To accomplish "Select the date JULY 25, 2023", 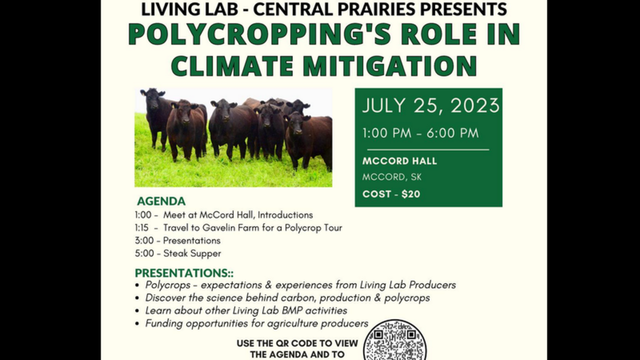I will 430,106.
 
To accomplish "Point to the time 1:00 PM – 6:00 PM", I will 421,133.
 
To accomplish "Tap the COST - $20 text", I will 391,194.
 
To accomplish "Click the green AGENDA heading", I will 161,202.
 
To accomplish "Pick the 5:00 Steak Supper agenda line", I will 178,253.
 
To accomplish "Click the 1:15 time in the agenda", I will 142,228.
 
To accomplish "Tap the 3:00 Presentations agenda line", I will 178,241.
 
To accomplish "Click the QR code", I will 395,341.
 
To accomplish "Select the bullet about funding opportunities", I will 257,323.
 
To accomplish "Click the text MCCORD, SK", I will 391,177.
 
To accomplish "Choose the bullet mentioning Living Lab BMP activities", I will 246,310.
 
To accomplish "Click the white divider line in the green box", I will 428,150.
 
